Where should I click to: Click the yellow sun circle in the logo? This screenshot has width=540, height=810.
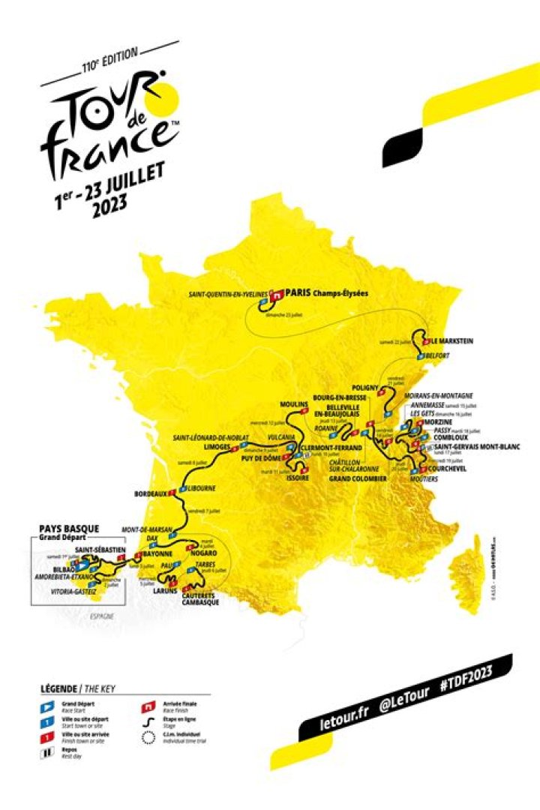[163, 100]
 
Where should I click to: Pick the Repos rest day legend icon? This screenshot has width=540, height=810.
[46, 753]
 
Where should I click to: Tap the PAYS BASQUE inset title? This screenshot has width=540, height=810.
[67, 529]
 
